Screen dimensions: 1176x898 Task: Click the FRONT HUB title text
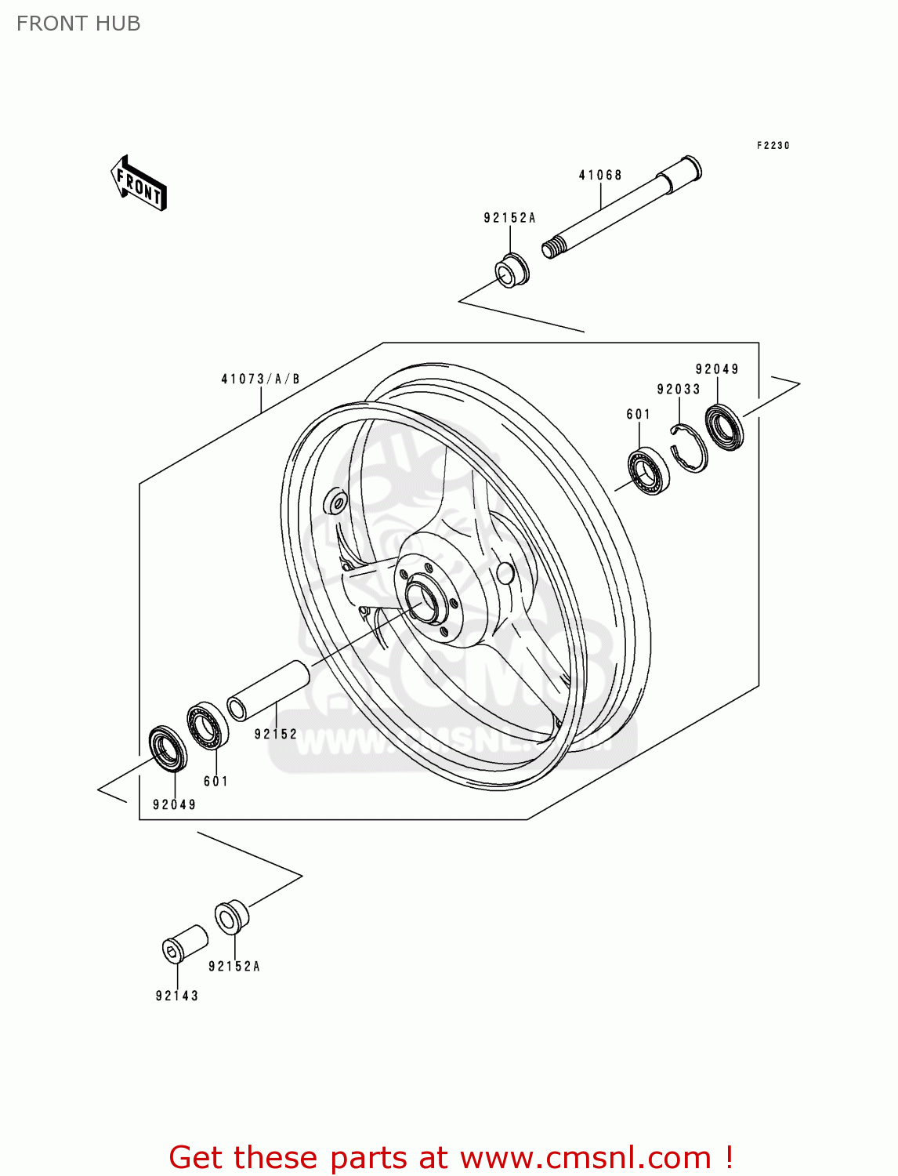pyautogui.click(x=78, y=24)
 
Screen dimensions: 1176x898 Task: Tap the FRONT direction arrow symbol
pyautogui.click(x=139, y=183)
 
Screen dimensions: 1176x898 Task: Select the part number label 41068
pyautogui.click(x=600, y=175)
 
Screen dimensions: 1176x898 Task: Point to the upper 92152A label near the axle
pyautogui.click(x=509, y=218)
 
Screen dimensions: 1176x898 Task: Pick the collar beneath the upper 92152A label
pyautogui.click(x=512, y=270)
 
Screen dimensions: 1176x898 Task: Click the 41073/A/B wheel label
pyautogui.click(x=260, y=379)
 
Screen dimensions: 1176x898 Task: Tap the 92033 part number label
pyautogui.click(x=679, y=390)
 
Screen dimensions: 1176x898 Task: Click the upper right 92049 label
pyautogui.click(x=717, y=369)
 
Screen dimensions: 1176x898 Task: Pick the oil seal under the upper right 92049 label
pyautogui.click(x=725, y=426)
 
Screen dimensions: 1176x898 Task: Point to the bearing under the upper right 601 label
pyautogui.click(x=649, y=470)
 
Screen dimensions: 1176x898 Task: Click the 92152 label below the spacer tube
pyautogui.click(x=276, y=735)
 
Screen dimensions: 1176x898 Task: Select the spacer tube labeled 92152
pyautogui.click(x=269, y=690)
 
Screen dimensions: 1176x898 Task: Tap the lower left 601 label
pyautogui.click(x=215, y=782)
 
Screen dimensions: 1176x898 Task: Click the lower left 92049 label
pyautogui.click(x=174, y=805)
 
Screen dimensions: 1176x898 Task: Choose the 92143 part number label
pyautogui.click(x=177, y=996)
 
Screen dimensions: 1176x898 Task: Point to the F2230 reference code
pyautogui.click(x=773, y=146)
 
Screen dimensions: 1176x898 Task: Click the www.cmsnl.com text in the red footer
pyautogui.click(x=585, y=1158)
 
